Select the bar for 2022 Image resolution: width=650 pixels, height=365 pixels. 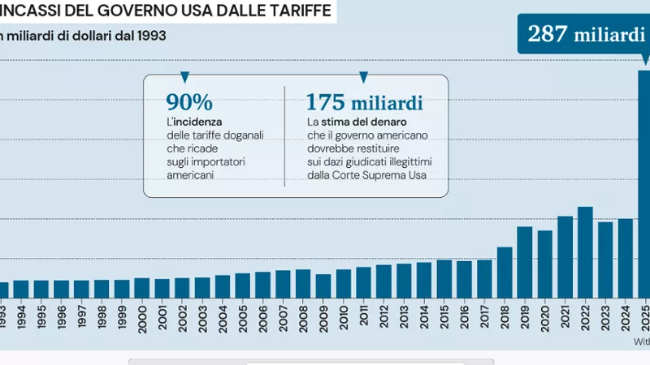585,252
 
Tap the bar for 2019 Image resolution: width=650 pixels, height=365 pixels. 525,262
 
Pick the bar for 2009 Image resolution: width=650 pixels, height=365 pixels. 323,286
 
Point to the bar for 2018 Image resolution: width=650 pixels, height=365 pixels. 505,273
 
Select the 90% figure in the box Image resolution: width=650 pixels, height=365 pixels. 188,102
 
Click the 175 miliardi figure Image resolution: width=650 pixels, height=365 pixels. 364,102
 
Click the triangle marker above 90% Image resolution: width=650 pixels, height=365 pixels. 184,77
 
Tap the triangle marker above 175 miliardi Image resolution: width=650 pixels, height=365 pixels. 363,77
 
